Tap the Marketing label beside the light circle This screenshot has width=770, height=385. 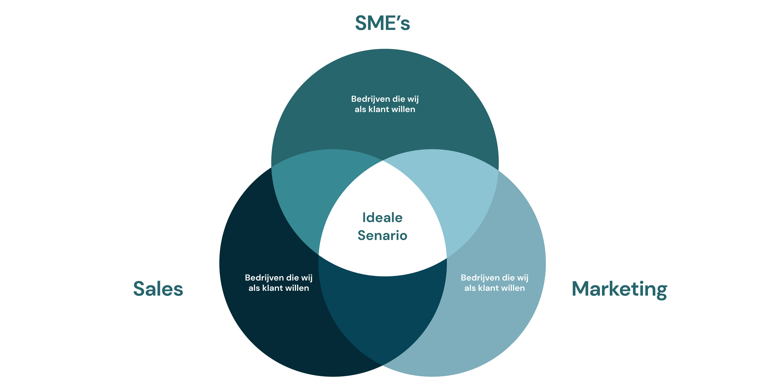pos(619,289)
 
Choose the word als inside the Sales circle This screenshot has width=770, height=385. pos(254,288)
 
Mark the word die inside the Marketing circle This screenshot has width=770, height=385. pos(508,278)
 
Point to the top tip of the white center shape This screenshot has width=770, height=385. pos(383,161)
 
